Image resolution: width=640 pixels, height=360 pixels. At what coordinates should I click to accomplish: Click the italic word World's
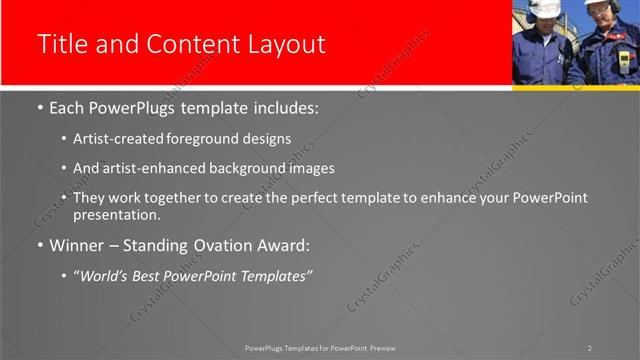pyautogui.click(x=105, y=275)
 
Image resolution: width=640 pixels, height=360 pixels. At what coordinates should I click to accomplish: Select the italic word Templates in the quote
pyautogui.click(x=277, y=275)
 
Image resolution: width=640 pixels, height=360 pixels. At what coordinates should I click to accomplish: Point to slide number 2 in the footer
pyautogui.click(x=589, y=348)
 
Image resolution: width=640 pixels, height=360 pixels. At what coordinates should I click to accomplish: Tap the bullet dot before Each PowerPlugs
pyautogui.click(x=39, y=108)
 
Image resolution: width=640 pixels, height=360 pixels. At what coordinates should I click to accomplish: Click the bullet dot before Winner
pyautogui.click(x=39, y=246)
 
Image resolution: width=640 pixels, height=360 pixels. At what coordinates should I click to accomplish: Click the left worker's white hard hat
pyautogui.click(x=544, y=8)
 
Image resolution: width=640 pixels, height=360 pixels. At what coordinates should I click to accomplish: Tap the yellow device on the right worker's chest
pyautogui.click(x=624, y=61)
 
